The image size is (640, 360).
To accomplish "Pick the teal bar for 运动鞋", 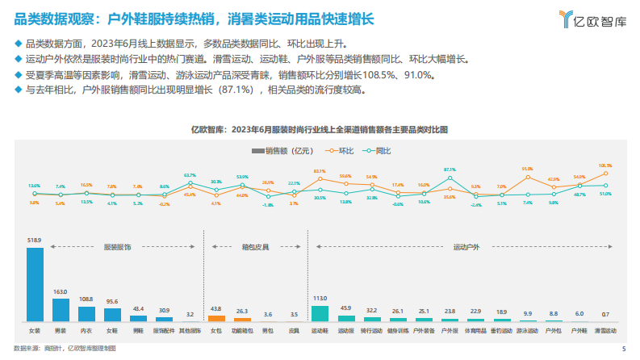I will (x=320, y=314).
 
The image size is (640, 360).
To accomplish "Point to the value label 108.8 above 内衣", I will (x=86, y=299).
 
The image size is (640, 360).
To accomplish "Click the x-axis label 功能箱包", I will (x=241, y=331).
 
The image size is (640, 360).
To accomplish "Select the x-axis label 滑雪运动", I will (x=605, y=331).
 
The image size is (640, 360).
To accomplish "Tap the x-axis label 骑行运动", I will (x=371, y=331).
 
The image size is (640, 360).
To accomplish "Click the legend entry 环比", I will (x=342, y=151).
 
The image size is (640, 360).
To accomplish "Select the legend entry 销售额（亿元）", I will (x=282, y=151).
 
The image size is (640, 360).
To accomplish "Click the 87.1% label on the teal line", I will (x=450, y=170).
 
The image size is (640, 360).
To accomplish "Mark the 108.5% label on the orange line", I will (x=605, y=165).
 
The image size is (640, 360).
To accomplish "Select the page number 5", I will (x=625, y=350).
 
